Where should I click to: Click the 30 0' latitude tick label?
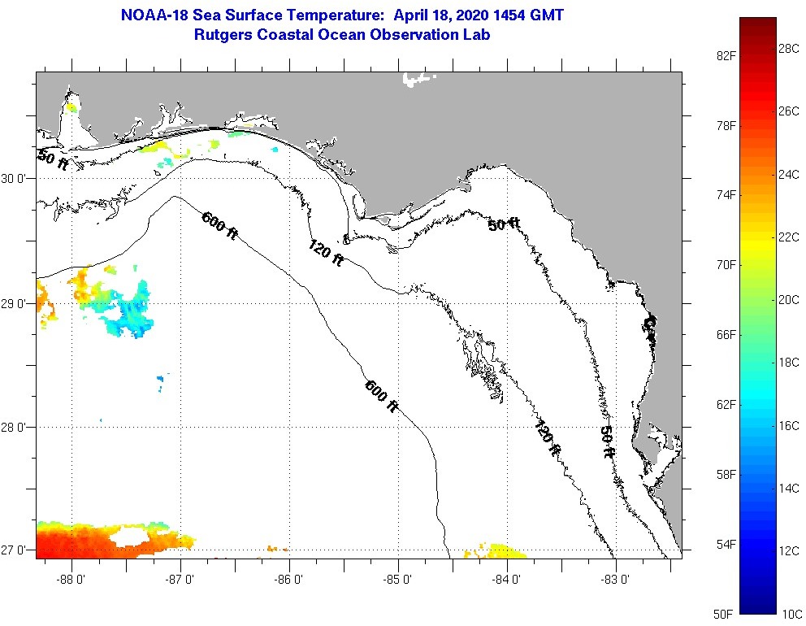pyautogui.click(x=15, y=178)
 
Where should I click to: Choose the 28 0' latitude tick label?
pyautogui.click(x=15, y=428)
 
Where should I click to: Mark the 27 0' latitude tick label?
pyautogui.click(x=15, y=550)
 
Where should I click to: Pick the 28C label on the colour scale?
pyautogui.click(x=789, y=49)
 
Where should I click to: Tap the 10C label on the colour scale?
pyautogui.click(x=789, y=612)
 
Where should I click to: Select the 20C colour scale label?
pyautogui.click(x=789, y=299)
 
